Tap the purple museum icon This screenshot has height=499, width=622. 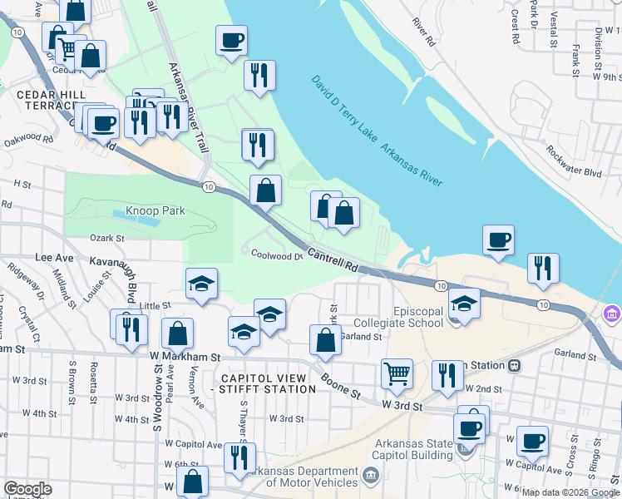click(612, 314)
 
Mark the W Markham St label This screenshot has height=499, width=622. click(185, 357)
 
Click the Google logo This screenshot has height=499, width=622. click(27, 489)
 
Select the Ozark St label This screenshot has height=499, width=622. click(106, 238)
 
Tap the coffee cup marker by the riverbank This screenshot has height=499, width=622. click(498, 240)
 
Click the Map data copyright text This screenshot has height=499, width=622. click(570, 492)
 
